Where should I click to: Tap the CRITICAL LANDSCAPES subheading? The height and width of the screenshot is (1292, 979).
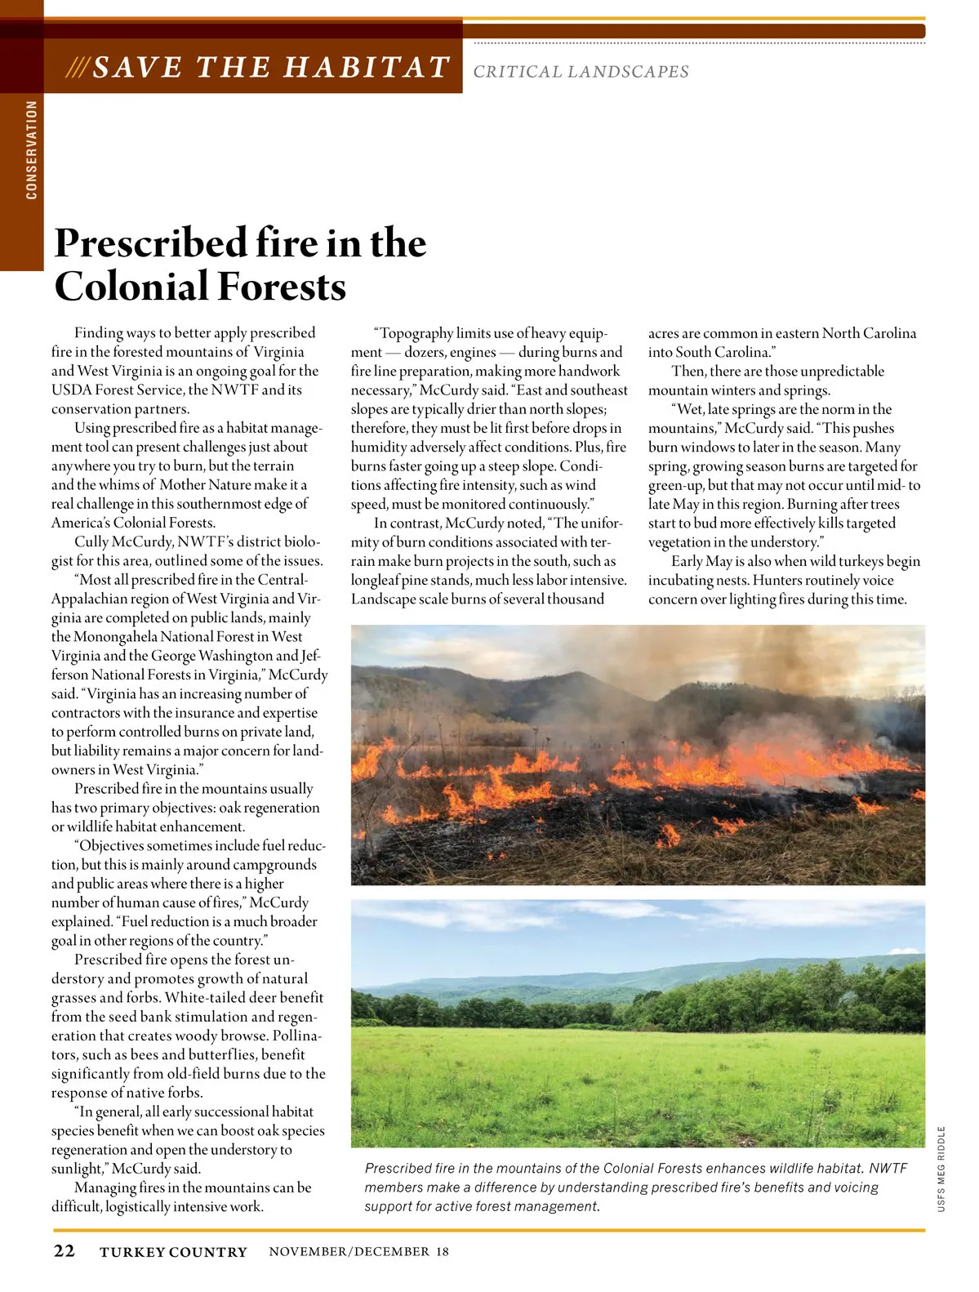[x=581, y=72]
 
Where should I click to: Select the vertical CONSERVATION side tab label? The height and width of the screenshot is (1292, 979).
[x=32, y=150]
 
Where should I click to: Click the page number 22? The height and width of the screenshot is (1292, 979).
[x=64, y=1251]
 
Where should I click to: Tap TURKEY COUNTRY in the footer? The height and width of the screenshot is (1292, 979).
[x=173, y=1252]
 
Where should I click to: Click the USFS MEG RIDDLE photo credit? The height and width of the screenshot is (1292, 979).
[x=941, y=1169]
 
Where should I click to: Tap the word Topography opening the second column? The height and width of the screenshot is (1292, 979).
[x=416, y=333]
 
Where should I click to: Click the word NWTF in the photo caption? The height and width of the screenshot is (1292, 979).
[x=888, y=1169]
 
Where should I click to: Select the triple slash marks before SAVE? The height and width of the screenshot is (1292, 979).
[x=78, y=67]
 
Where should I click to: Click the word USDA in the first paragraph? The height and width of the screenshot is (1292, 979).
[x=71, y=390]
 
